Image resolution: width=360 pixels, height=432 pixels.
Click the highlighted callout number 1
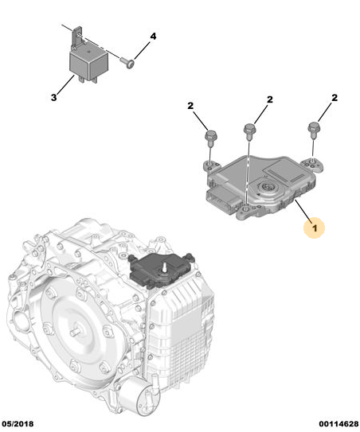point(315,228)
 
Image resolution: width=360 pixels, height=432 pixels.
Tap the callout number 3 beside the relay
point(54,97)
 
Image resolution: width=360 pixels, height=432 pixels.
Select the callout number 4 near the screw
point(153,37)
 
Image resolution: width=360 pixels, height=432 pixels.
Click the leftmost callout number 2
point(190,106)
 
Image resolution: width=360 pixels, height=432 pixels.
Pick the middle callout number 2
point(270,99)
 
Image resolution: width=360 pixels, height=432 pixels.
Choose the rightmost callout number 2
point(335,98)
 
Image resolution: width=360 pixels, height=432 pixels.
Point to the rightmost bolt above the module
point(313,130)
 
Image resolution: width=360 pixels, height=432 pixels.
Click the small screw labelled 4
point(127,63)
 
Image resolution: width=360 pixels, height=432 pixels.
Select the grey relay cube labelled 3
point(88,64)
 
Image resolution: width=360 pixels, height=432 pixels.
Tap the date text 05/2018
point(18,424)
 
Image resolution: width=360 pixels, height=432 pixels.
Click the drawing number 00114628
point(338,424)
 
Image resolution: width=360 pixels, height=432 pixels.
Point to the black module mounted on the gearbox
point(162,270)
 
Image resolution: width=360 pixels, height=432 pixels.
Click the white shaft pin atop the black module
point(165,267)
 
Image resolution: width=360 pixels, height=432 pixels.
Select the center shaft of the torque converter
point(74,333)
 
